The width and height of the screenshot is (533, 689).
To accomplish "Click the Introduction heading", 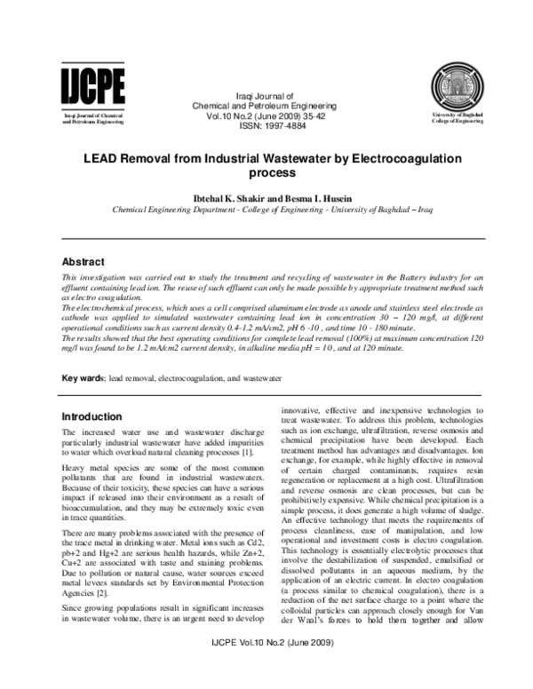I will click(x=91, y=416).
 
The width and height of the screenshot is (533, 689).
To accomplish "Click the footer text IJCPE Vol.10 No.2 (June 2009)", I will click(x=266, y=667).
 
